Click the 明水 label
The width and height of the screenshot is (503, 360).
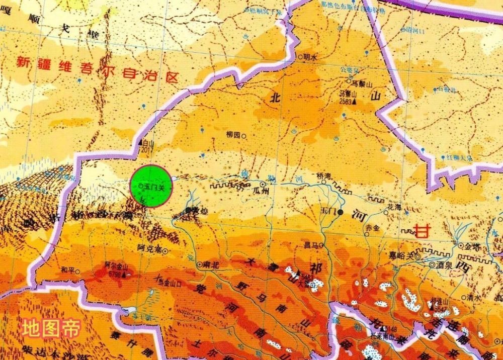310,57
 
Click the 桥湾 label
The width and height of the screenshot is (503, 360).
324,176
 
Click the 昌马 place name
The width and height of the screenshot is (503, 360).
311,245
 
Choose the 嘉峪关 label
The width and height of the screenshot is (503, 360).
401,255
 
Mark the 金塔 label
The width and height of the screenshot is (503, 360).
473,246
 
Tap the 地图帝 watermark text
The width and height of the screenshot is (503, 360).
50,328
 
